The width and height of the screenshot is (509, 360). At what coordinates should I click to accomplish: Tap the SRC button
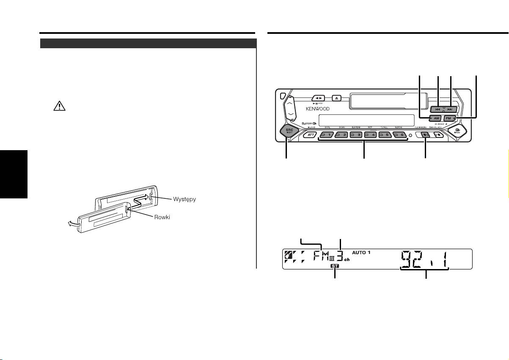tap(289, 132)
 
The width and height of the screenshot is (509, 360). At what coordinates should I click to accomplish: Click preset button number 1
tap(327, 135)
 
